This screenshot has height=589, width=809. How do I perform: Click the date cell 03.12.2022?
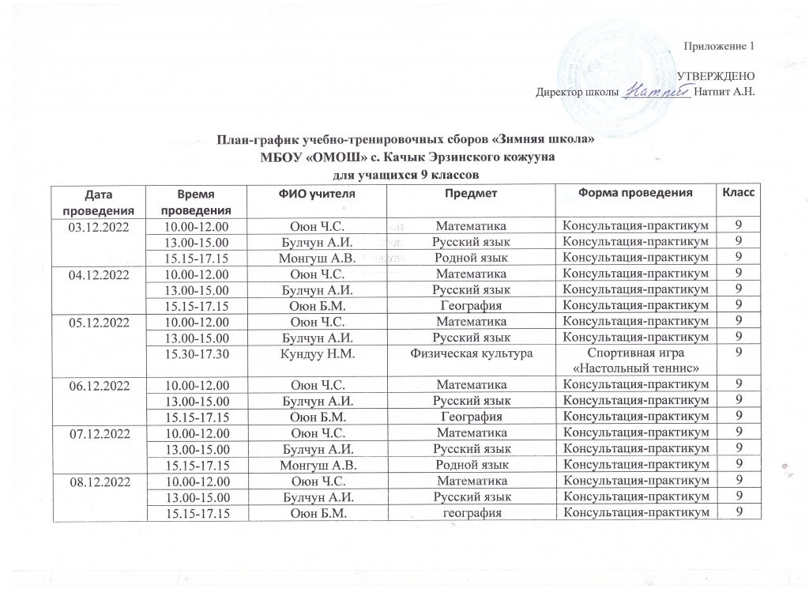(x=99, y=228)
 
